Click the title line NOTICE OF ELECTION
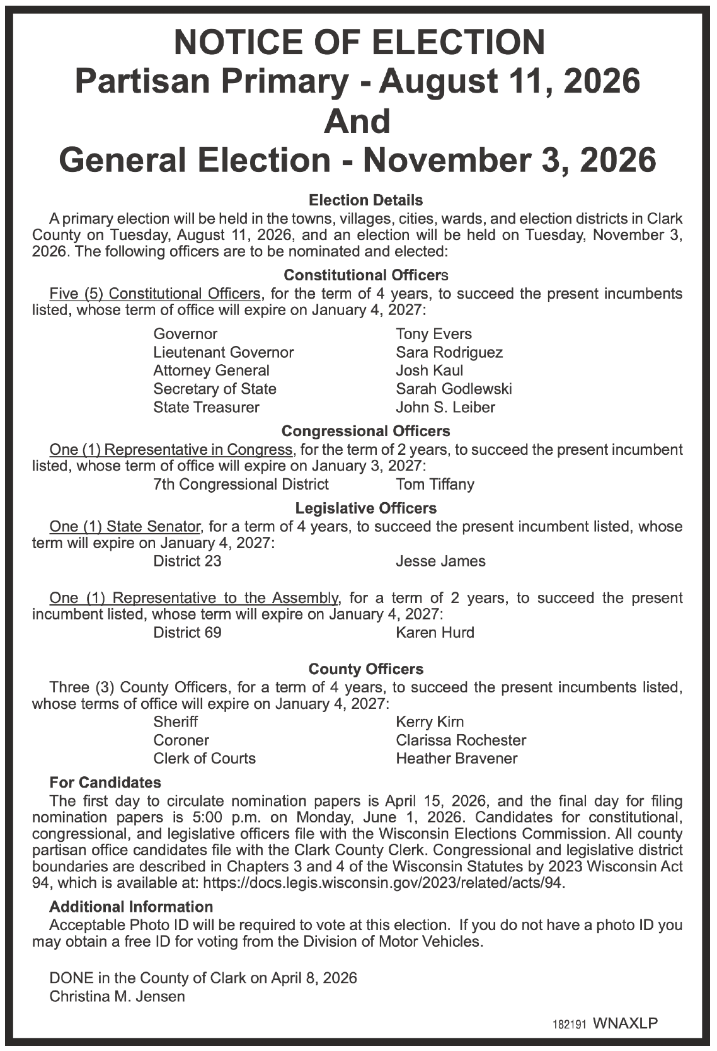pos(359,42)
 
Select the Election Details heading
pos(365,200)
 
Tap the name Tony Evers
pos(433,334)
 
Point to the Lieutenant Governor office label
pos(223,352)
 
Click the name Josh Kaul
pos(429,370)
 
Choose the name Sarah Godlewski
pos(454,389)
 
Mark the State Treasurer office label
pos(206,407)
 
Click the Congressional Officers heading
pos(365,431)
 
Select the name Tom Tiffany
pos(435,484)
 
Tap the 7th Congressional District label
pos(241,484)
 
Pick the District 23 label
pos(187,561)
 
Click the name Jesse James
pos(440,561)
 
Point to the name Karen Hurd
pos(435,632)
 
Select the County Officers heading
pos(365,669)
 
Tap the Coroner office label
pos(181,740)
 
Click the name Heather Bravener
pos(456,759)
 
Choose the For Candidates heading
pos(105,783)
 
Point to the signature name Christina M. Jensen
pos(117,996)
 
